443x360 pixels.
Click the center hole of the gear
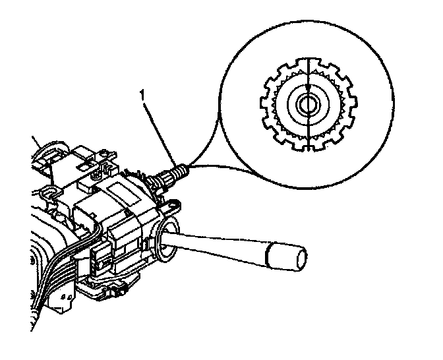307,104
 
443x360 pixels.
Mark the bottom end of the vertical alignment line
307,150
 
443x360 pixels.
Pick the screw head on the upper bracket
97,176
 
